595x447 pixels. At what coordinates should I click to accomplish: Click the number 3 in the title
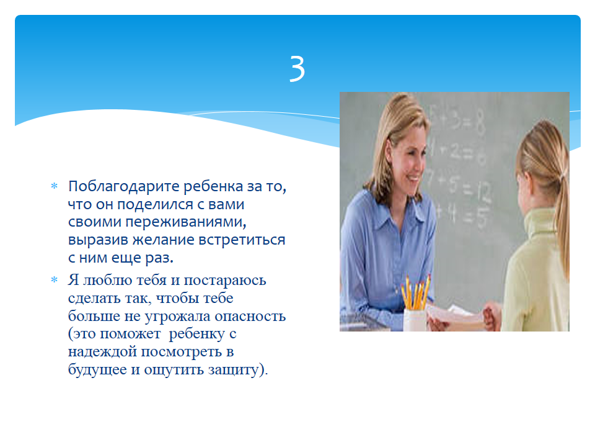pyautogui.click(x=297, y=68)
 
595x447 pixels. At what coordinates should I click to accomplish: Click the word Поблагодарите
pyautogui.click(x=124, y=187)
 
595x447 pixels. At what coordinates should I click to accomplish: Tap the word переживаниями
pyautogui.click(x=185, y=222)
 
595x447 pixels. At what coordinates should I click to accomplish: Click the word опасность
pyautogui.click(x=250, y=316)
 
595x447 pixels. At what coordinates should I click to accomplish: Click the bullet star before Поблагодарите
pyautogui.click(x=55, y=186)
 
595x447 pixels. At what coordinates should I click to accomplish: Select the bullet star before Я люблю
pyautogui.click(x=55, y=280)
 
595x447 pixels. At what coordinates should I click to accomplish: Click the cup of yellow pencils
pyautogui.click(x=415, y=304)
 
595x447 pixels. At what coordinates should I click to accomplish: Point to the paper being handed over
pyautogui.click(x=455, y=316)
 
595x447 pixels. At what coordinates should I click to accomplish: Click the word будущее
pyautogui.click(x=97, y=369)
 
